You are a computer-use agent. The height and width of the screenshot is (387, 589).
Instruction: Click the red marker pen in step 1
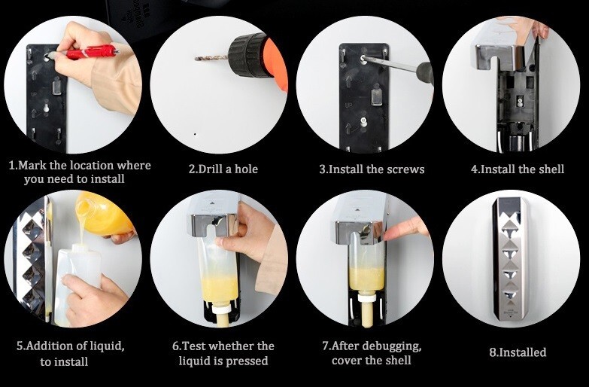(x=92, y=51)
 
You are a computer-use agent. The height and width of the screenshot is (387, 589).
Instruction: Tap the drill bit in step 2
(x=211, y=58)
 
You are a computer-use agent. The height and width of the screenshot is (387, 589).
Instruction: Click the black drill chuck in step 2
(x=248, y=55)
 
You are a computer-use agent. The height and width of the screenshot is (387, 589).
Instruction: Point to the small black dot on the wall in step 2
(x=195, y=134)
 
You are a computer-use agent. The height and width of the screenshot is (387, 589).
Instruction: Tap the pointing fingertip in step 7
(x=387, y=236)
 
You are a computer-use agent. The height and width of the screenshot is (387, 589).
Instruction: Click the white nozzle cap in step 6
(x=222, y=308)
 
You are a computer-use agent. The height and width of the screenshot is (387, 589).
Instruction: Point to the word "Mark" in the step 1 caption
(x=31, y=165)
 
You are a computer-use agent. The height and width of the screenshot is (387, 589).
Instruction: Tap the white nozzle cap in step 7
(x=367, y=298)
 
